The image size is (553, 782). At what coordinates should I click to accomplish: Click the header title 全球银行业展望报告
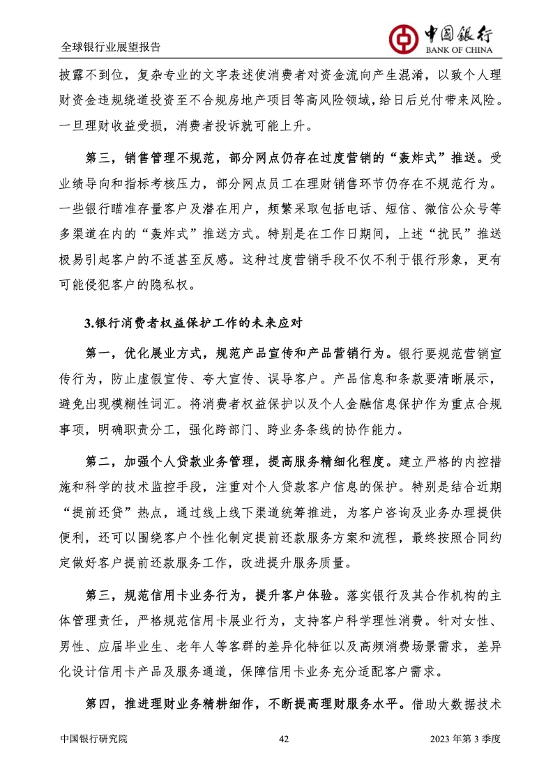point(110,47)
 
